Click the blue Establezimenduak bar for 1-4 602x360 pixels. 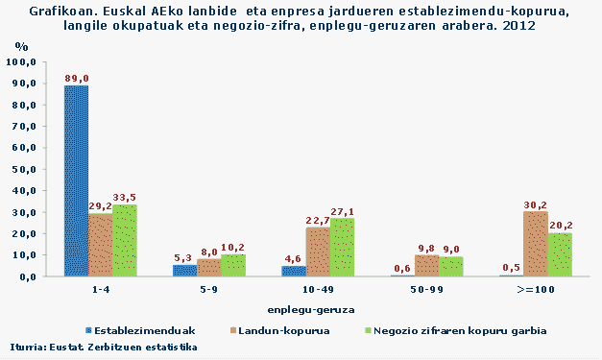(x=76, y=180)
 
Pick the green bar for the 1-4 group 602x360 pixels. (x=124, y=240)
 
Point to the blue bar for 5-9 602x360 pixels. (x=184, y=271)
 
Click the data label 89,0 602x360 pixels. (x=77, y=78)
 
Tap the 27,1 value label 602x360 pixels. (x=343, y=211)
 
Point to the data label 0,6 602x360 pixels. (x=402, y=268)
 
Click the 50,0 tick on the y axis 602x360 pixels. (x=23, y=169)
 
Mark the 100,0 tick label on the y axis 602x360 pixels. (x=21, y=61)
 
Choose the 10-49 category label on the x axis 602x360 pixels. (x=318, y=287)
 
